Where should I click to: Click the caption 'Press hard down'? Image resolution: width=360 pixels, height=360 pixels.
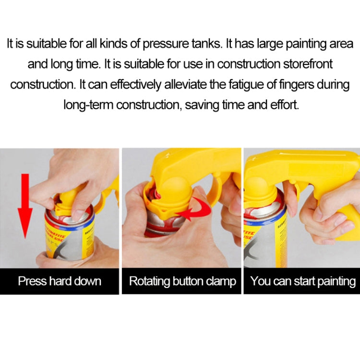point(60,281)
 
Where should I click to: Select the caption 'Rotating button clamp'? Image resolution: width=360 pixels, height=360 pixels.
point(183,281)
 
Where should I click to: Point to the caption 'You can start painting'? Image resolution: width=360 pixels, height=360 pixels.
point(303,281)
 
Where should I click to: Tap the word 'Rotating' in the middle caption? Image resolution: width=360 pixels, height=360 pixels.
point(149,281)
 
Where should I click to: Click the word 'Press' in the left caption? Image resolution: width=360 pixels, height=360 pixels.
point(31,281)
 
